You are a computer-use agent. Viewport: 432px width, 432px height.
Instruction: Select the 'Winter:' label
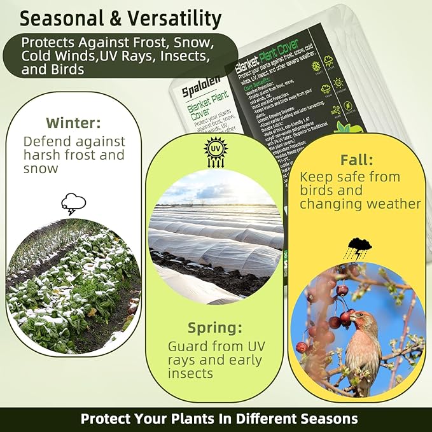[x=73, y=122]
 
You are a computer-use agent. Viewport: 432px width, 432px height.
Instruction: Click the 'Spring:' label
[x=214, y=328]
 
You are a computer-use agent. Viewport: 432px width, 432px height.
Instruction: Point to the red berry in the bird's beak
[x=348, y=316]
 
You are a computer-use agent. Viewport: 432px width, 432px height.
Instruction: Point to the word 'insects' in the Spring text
[x=190, y=373]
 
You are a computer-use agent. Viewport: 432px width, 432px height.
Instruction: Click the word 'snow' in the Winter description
[x=41, y=169]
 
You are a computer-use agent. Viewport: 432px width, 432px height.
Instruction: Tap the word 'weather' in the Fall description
[x=393, y=204]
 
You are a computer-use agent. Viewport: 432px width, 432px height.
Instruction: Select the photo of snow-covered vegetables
[x=73, y=286]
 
